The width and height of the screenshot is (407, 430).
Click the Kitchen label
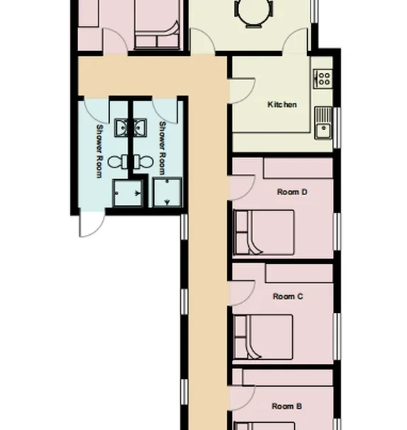(x=282, y=105)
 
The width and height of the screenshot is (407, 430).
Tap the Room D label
(x=291, y=192)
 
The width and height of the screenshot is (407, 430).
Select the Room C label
(x=288, y=297)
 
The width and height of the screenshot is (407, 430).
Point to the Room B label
(x=287, y=407)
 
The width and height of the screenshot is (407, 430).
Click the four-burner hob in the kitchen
(x=323, y=77)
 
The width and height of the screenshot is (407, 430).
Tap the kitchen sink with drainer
(x=324, y=122)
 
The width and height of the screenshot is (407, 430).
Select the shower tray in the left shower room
(x=127, y=192)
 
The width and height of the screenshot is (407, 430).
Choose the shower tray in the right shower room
(x=167, y=192)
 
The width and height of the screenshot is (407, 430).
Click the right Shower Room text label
(x=162, y=149)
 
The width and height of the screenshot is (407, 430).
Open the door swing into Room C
(x=243, y=291)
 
